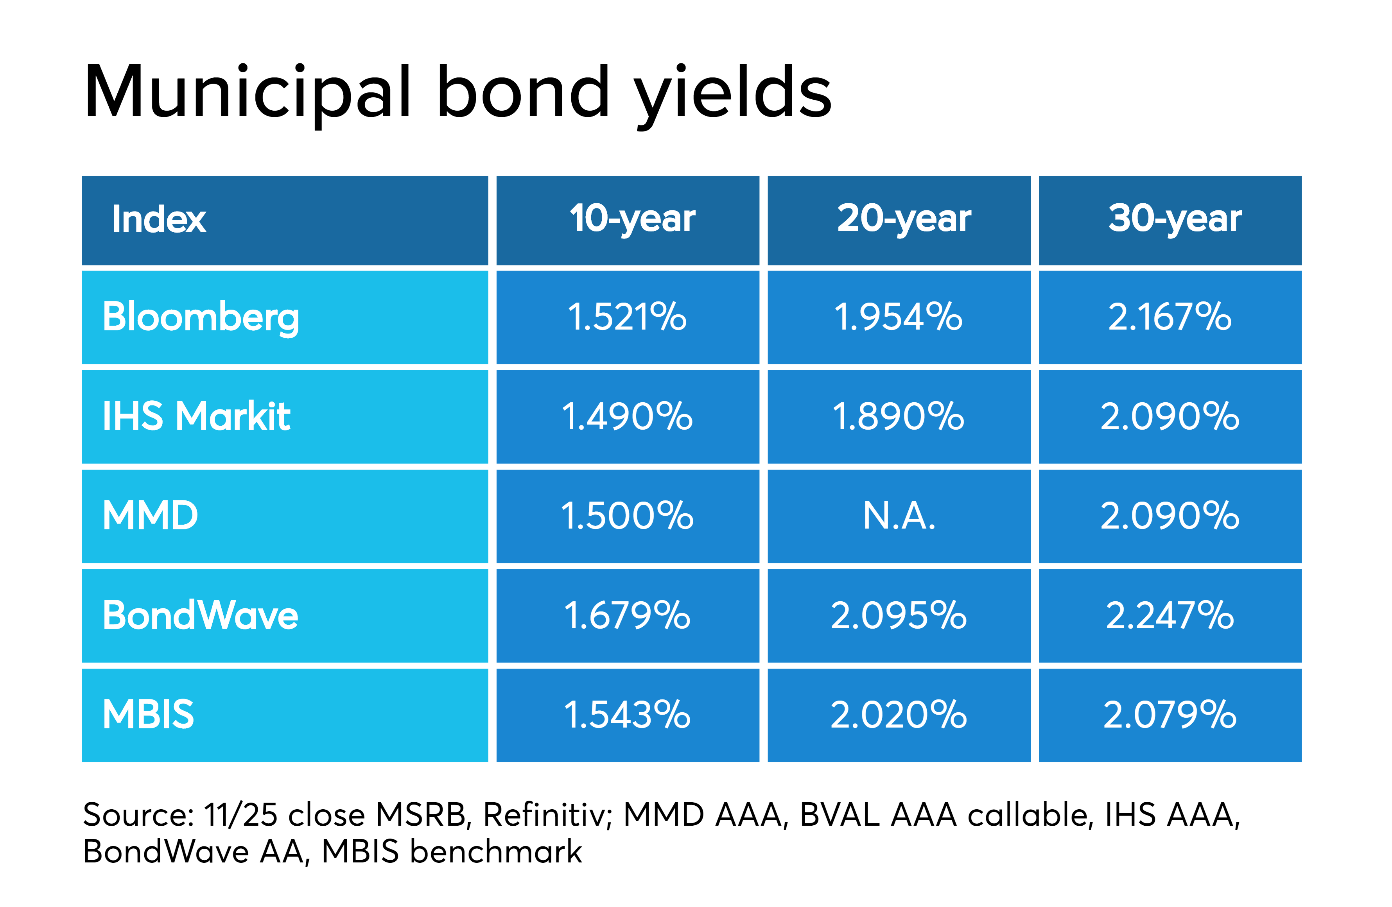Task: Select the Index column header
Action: coord(159,219)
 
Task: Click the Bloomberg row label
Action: coord(201,317)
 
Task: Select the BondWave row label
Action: coord(200,615)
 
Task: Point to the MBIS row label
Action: coord(148,715)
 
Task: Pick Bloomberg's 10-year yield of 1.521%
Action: coord(627,317)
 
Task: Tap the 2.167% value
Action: coord(1170,317)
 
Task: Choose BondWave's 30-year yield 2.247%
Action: coord(1170,615)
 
